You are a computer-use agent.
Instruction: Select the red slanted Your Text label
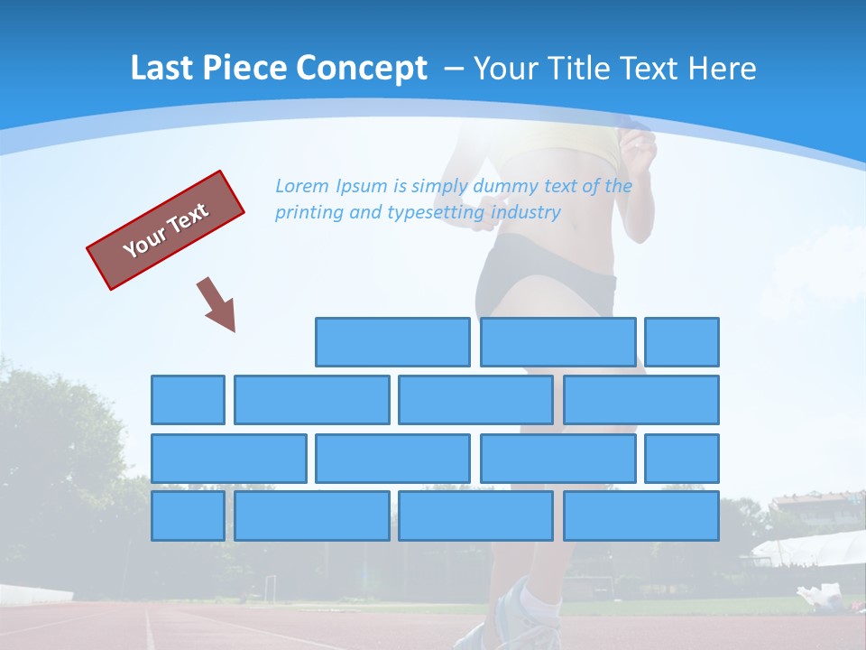pos(166,230)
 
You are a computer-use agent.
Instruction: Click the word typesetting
pos(436,213)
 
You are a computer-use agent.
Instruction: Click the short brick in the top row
pos(682,342)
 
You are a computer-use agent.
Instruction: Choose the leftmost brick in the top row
pos(392,342)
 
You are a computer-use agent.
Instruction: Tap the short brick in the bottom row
pos(188,515)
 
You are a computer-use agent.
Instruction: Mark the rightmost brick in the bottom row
pos(641,515)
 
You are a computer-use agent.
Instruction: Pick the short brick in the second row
pos(188,400)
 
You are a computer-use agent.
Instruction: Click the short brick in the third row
pos(682,458)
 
